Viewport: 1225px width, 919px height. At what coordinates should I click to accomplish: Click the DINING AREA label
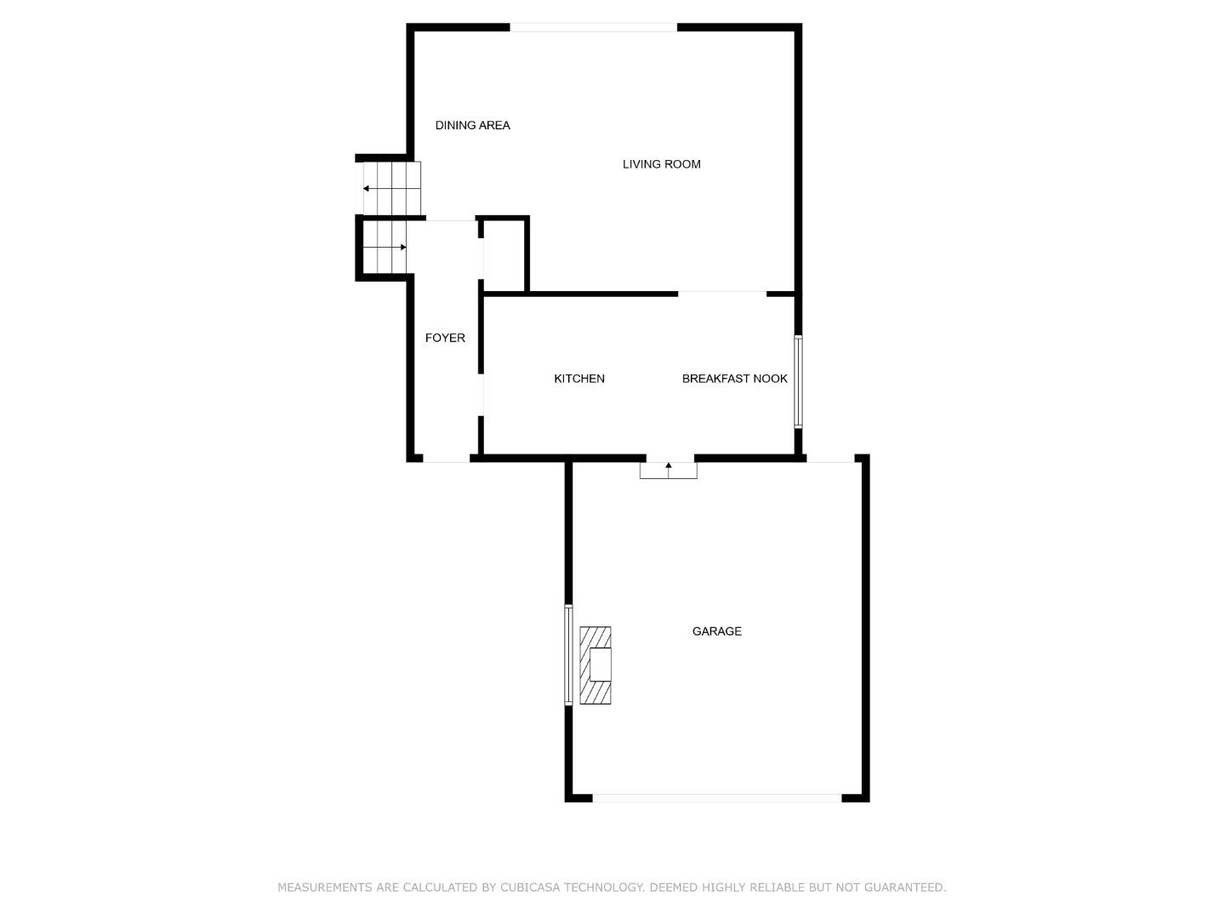472,126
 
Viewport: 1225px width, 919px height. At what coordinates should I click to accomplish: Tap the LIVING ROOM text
661,164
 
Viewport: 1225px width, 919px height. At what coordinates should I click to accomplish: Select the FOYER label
445,338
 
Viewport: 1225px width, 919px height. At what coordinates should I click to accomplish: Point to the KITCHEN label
578,379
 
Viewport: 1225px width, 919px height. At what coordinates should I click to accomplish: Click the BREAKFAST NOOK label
734,379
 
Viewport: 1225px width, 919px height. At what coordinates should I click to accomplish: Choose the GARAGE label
716,631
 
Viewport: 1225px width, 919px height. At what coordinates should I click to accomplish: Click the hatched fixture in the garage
595,665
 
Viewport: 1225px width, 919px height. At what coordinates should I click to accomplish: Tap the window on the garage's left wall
569,655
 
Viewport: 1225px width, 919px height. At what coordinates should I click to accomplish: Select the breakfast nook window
798,382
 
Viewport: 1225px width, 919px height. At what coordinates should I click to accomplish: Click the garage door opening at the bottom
716,798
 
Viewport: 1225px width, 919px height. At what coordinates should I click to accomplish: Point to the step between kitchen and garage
668,471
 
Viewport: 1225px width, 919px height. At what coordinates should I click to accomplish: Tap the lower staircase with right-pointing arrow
385,247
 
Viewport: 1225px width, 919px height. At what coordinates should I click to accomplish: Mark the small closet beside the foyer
504,255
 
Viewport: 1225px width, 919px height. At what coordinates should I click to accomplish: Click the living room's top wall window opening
593,27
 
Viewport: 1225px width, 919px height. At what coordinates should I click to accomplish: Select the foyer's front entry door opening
446,459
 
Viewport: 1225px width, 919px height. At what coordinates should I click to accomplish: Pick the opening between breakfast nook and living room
722,294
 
